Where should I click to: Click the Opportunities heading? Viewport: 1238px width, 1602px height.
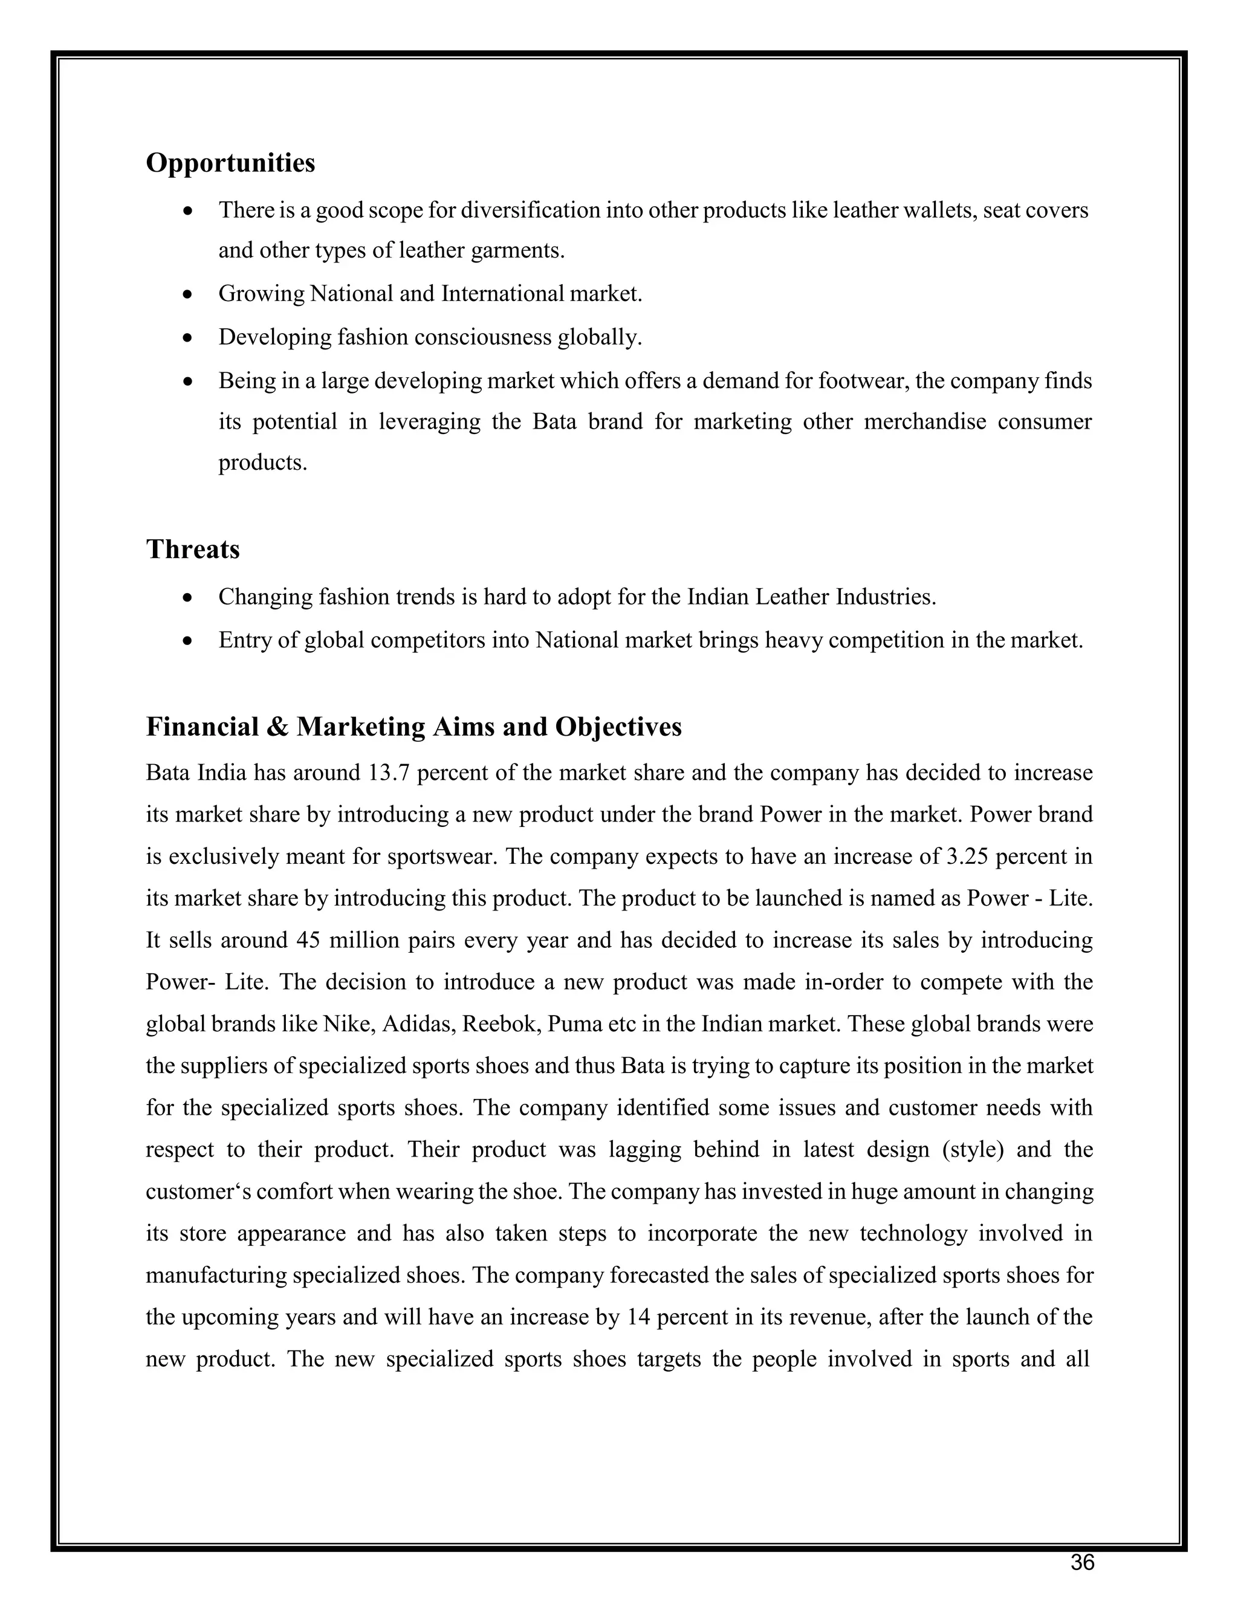tap(230, 163)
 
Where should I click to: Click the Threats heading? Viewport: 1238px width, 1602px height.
tap(193, 549)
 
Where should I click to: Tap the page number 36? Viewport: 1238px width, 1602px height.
tap(1082, 1563)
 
